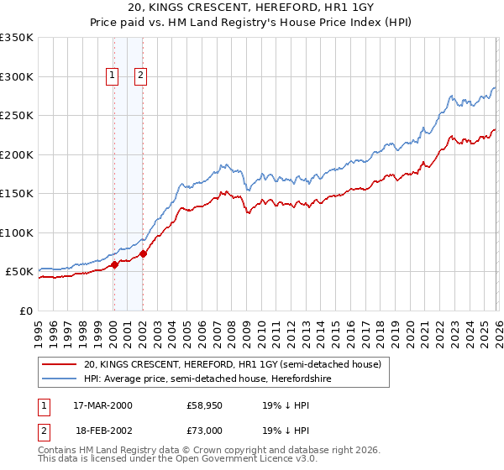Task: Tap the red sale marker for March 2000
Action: click(x=115, y=265)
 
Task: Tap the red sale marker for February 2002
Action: click(x=144, y=253)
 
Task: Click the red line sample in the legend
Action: click(x=60, y=365)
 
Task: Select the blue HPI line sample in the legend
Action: click(x=60, y=379)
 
